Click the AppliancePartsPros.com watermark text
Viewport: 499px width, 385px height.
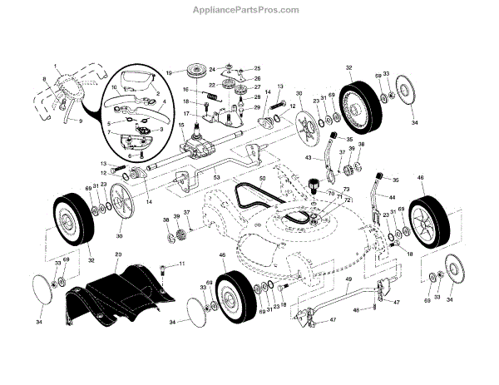click(x=249, y=10)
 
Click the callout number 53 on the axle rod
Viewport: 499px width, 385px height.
click(x=215, y=178)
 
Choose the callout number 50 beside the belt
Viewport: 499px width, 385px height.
click(x=262, y=179)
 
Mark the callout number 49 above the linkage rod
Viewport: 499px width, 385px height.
click(x=348, y=279)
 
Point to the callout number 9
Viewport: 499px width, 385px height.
click(x=81, y=121)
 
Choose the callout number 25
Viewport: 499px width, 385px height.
click(x=257, y=68)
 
